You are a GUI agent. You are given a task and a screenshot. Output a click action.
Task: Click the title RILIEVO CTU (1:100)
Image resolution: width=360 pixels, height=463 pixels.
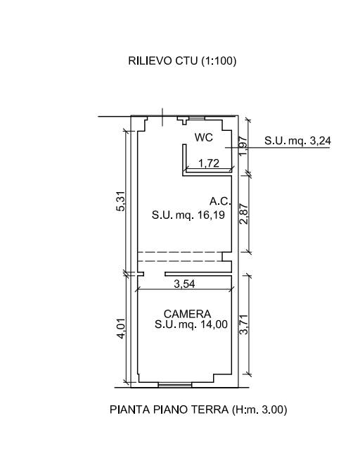(x=182, y=61)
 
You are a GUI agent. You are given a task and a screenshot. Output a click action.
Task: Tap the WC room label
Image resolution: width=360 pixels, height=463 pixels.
(x=204, y=137)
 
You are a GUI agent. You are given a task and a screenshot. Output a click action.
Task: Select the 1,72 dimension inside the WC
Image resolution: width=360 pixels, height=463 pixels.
(x=209, y=163)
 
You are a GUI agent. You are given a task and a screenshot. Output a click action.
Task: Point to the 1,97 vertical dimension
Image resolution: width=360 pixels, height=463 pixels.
(x=242, y=146)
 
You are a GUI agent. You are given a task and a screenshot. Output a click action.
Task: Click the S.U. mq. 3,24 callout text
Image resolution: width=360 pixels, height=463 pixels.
(x=297, y=141)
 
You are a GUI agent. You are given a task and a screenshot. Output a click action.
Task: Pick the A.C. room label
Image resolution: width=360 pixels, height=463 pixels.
(x=220, y=201)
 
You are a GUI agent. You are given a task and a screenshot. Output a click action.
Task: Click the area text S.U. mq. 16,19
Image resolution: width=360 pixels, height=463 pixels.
(x=188, y=215)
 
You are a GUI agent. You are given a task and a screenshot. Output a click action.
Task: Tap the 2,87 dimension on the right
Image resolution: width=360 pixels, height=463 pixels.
(x=244, y=214)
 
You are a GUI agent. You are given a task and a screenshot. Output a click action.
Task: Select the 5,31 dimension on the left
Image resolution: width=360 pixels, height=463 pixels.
(x=121, y=201)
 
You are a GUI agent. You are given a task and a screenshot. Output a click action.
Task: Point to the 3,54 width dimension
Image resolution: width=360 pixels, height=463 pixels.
(x=184, y=284)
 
